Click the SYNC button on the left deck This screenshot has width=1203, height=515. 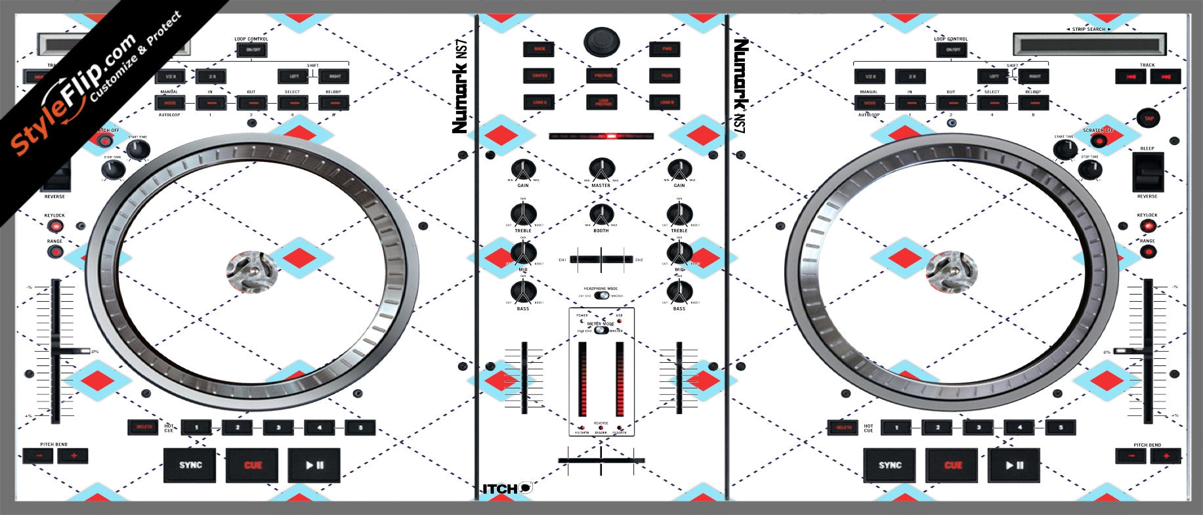[x=190, y=465]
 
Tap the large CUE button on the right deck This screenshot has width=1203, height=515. [x=952, y=465]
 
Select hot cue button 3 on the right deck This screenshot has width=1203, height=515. [x=978, y=428]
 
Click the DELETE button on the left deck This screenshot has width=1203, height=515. [x=144, y=427]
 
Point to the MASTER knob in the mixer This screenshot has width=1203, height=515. [x=601, y=169]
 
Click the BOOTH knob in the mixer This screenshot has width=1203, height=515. [x=601, y=215]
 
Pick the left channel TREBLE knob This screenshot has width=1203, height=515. [x=523, y=214]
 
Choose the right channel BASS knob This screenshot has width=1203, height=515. [x=679, y=292]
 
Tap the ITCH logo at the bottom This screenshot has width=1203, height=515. [x=507, y=488]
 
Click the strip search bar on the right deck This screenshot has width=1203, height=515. [x=1089, y=45]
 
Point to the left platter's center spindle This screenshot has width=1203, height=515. [x=251, y=272]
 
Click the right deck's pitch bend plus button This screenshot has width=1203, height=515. [x=1166, y=455]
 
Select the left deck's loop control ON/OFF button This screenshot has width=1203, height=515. [x=252, y=50]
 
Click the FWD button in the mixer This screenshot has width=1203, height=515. [x=665, y=49]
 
